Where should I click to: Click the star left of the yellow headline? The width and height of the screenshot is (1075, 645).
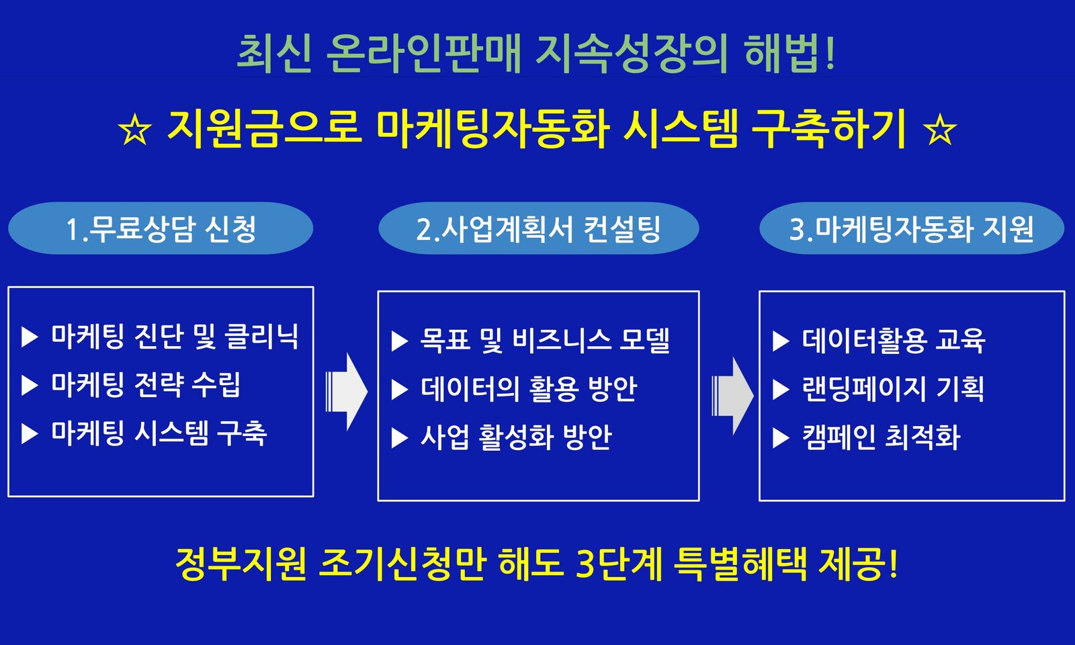pos(135,130)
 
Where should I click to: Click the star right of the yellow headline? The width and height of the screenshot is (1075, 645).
pos(940,130)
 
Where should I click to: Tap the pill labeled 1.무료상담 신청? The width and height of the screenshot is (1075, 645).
pos(161,228)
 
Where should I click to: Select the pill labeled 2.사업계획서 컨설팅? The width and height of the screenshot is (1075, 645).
pos(538,228)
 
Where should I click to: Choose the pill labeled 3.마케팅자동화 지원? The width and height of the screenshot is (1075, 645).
pos(912,228)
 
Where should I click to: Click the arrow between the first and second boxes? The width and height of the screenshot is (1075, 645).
pos(347,392)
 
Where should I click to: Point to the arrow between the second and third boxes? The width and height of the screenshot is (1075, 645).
pos(732,396)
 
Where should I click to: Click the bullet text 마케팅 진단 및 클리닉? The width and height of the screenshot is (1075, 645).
pos(175,337)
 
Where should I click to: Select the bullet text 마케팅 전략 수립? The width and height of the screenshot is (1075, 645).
pos(146,385)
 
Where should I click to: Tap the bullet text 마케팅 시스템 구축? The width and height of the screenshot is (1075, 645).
pos(159,434)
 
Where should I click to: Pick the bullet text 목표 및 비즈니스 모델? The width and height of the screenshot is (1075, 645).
pos(545,341)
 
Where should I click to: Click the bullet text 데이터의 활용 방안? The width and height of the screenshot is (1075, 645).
pos(529,389)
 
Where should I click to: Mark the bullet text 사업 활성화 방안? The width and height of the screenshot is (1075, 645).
pos(517,437)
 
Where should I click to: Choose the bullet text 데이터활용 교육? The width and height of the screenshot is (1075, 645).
pos(894,341)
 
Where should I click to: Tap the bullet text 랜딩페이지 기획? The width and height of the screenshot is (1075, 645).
pos(893,389)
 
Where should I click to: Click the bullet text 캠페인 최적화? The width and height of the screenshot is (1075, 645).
pos(881,437)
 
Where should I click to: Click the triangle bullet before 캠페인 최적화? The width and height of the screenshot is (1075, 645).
pos(781,437)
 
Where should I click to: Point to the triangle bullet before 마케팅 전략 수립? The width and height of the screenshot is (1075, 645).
pos(30,386)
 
